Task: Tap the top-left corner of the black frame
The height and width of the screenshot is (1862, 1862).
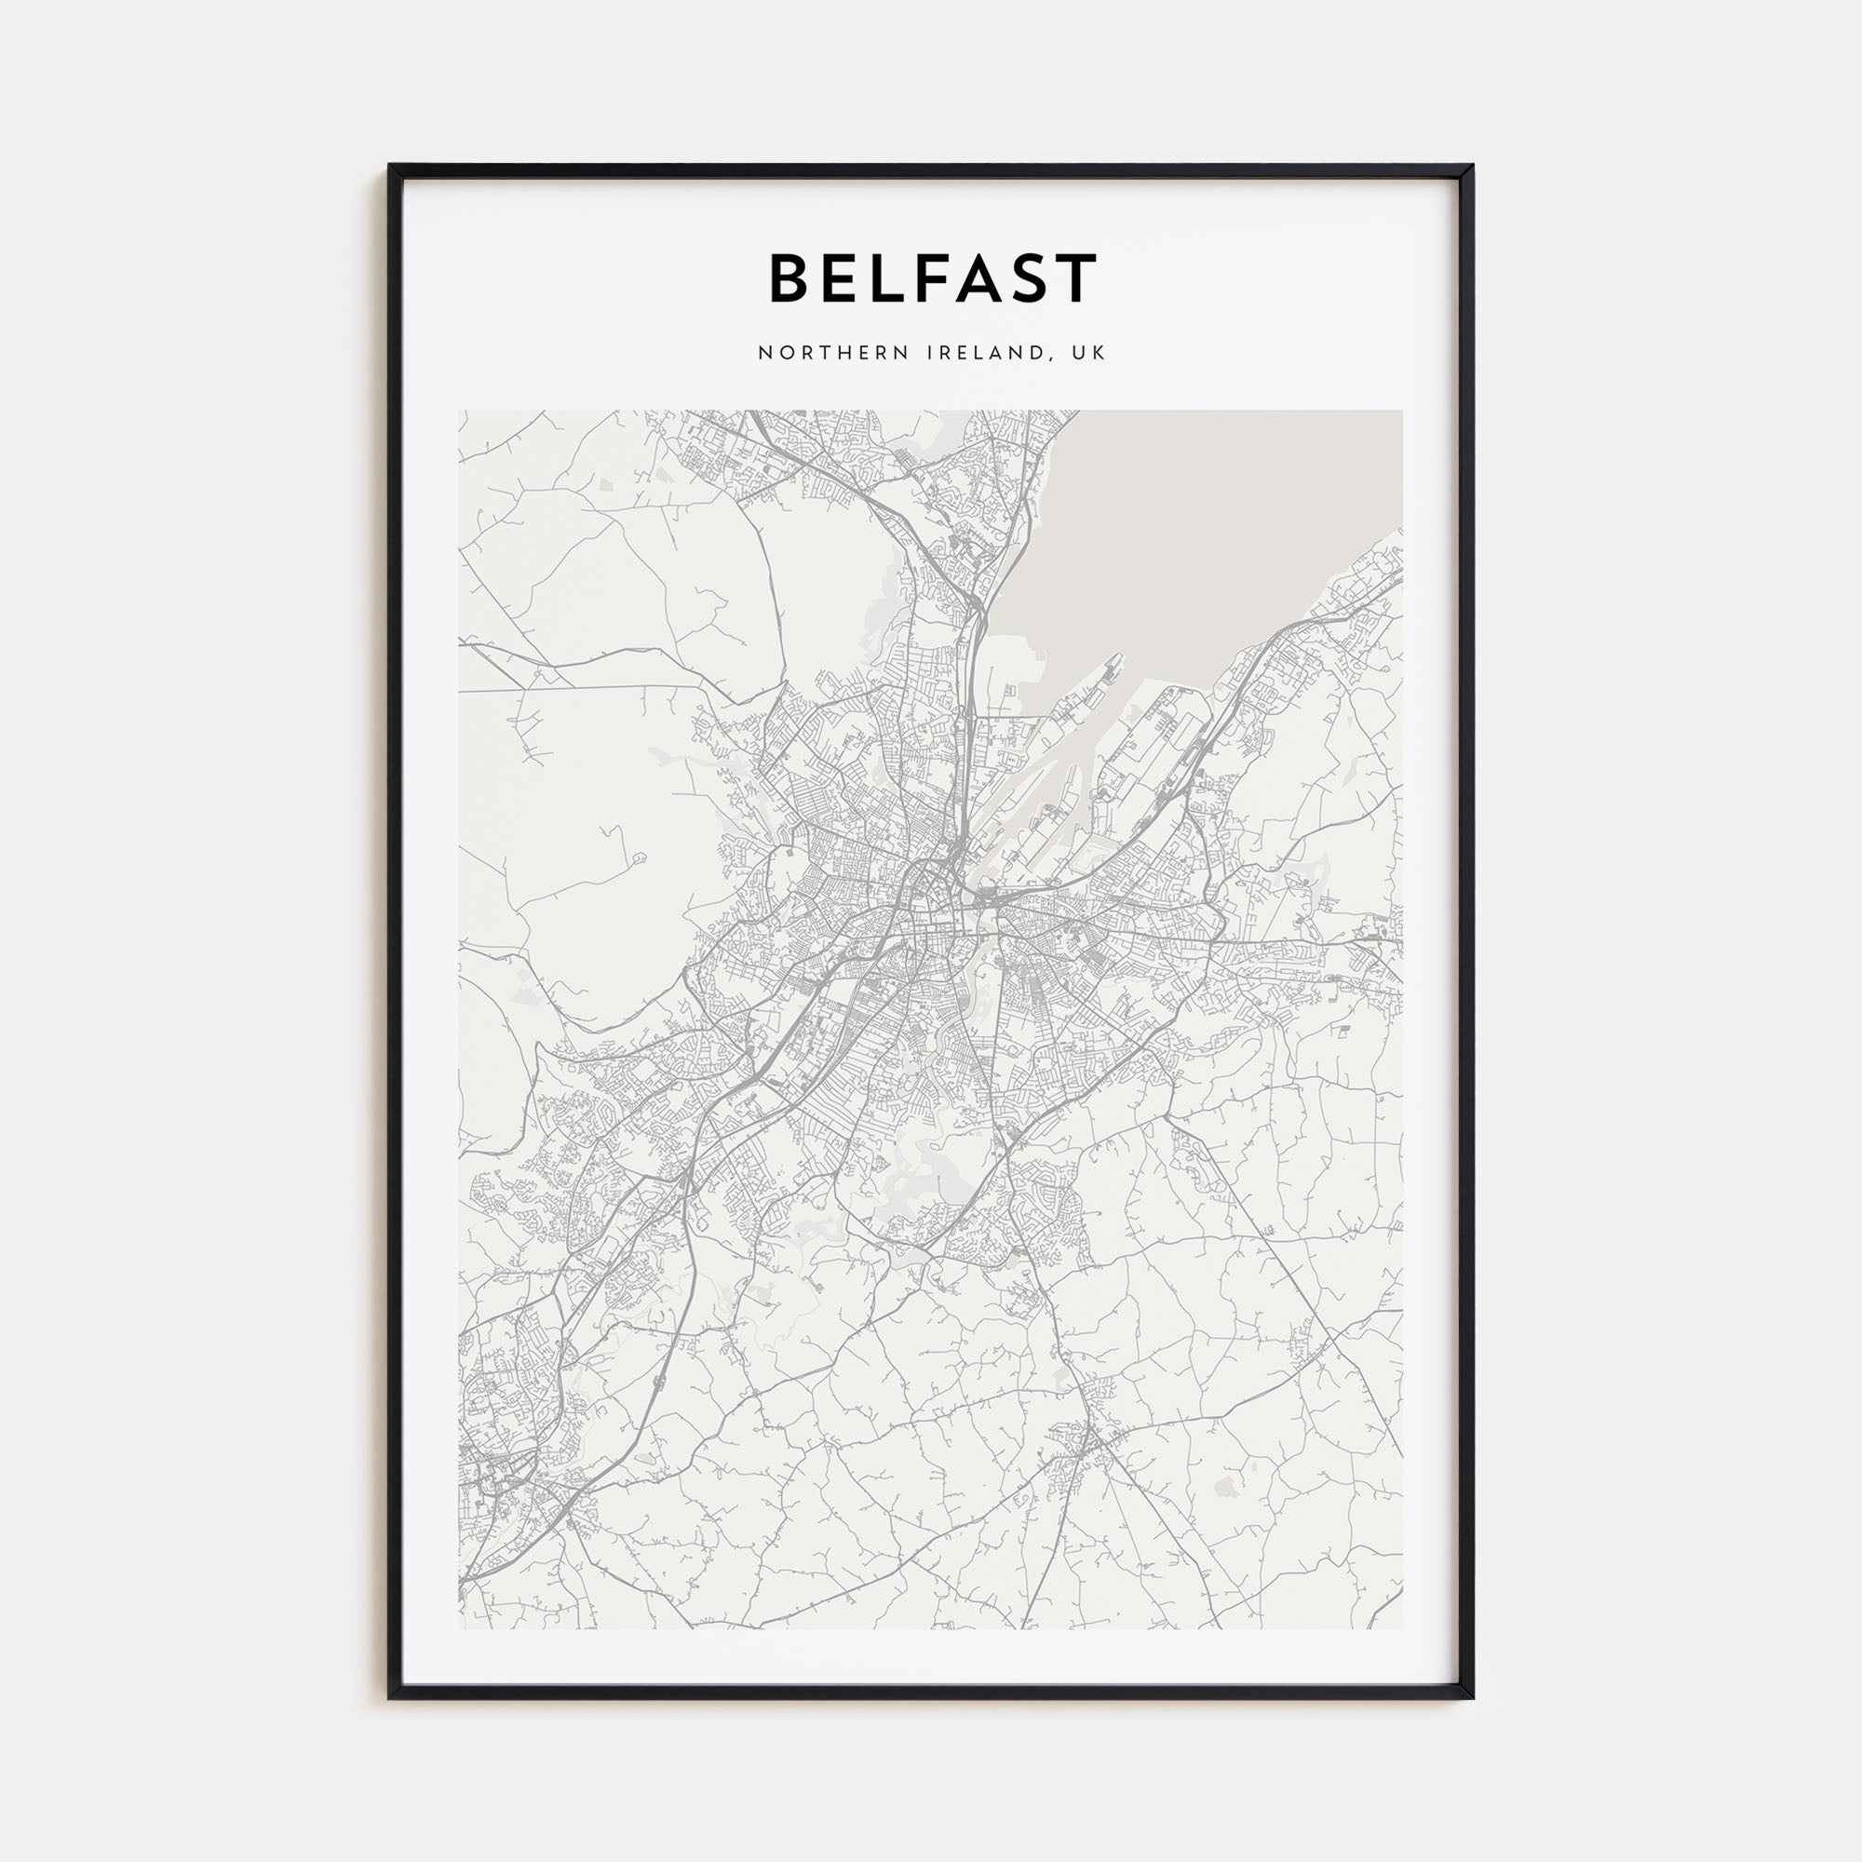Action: [389, 166]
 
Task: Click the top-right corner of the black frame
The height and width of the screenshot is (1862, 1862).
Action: [1473, 166]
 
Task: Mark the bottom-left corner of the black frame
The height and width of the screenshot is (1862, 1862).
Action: [389, 1697]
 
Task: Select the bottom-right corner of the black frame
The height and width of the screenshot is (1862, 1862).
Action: [1473, 1697]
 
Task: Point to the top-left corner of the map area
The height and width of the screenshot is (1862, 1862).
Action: [460, 412]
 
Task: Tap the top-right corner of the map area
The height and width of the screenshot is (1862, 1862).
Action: [1402, 412]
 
